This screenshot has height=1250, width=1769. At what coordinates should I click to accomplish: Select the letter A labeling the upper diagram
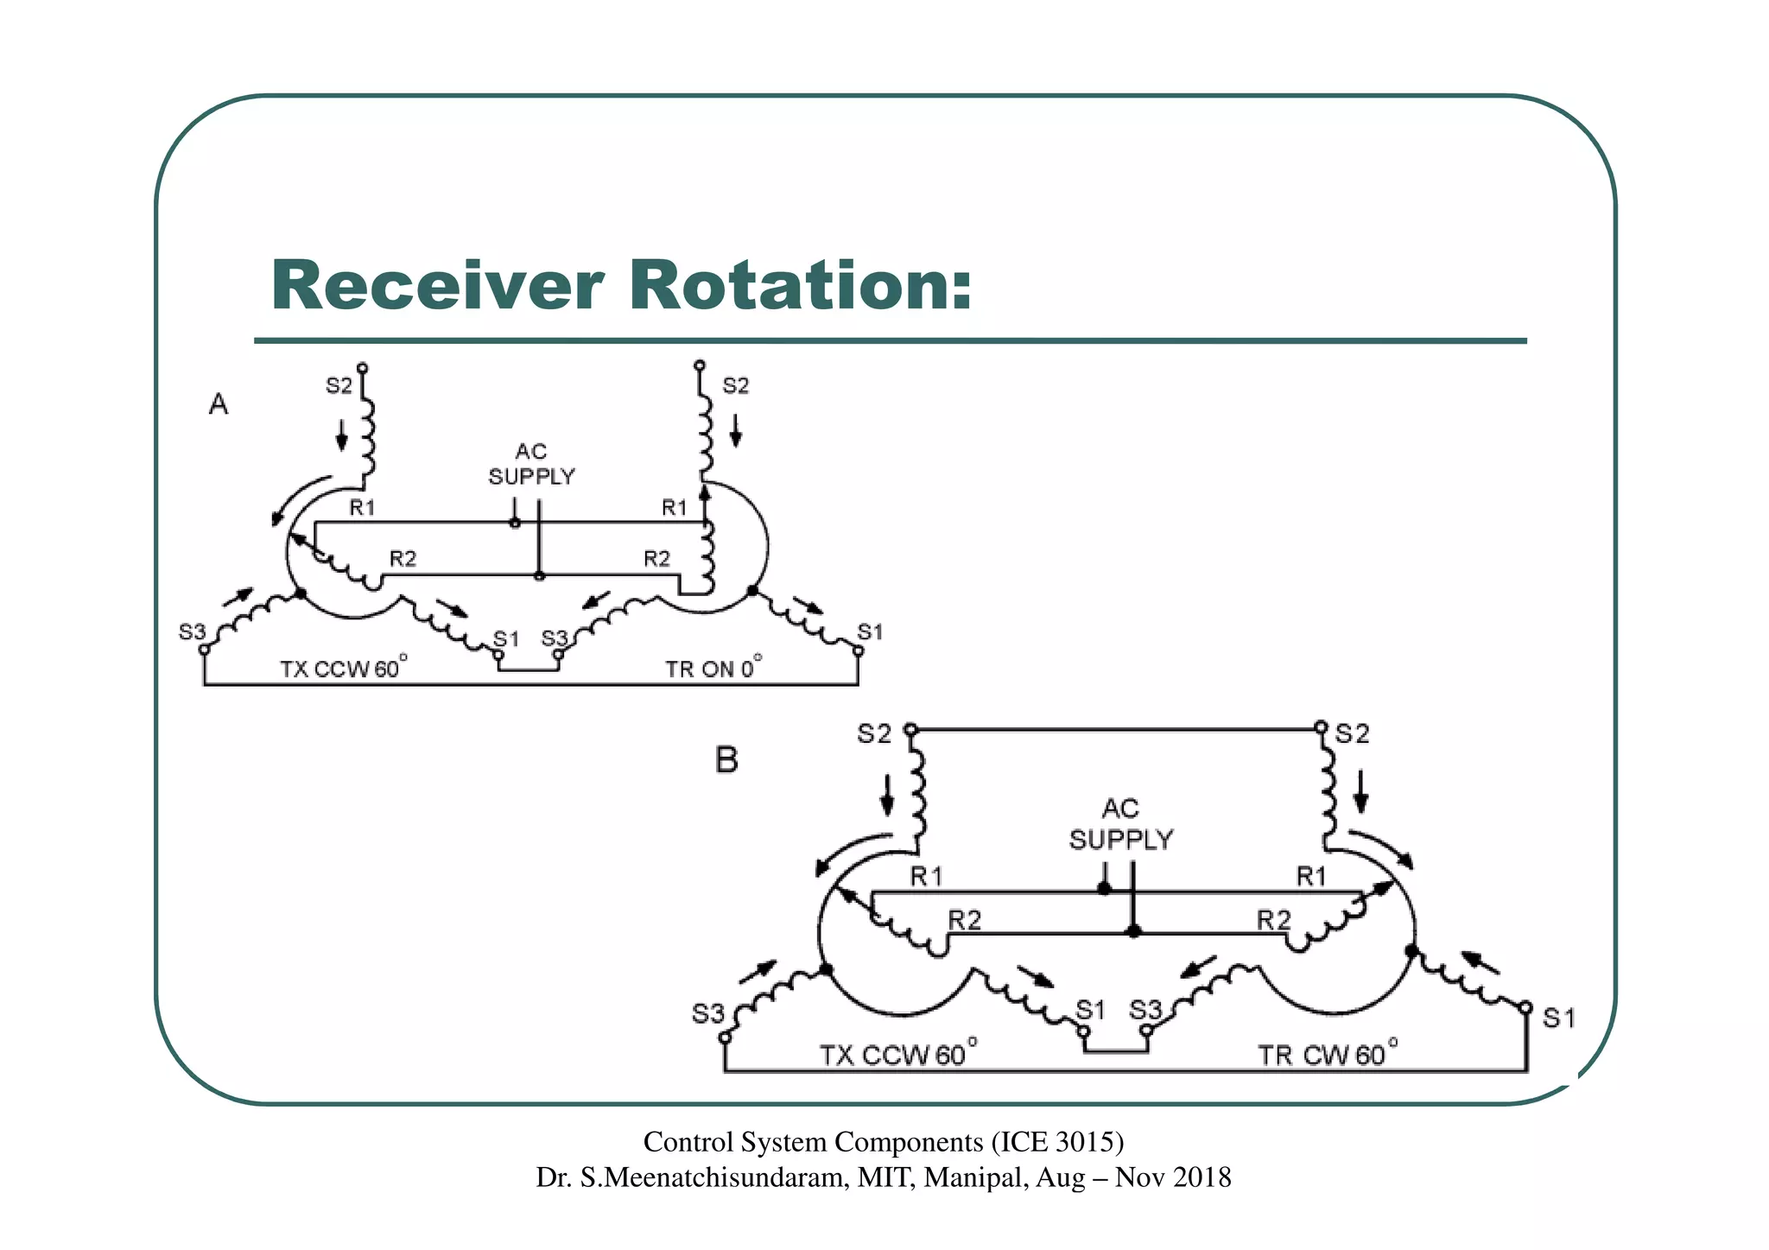point(219,404)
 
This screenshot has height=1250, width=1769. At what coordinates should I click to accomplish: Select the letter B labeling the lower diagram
point(726,760)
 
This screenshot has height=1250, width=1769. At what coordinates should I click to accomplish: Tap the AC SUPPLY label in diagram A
point(531,464)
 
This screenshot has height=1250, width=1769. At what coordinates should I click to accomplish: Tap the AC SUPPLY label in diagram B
point(1120,824)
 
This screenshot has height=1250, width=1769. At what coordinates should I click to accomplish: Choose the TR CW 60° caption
point(1327,1054)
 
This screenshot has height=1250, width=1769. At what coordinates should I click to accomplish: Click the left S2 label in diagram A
point(339,386)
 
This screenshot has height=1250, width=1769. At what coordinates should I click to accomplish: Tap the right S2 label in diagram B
point(1352,734)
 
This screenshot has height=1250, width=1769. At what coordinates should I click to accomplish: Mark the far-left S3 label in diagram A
point(192,632)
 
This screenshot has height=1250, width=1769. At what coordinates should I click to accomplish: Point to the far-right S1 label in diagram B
point(1558,1019)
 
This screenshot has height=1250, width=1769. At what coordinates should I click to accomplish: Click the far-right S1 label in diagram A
point(870,632)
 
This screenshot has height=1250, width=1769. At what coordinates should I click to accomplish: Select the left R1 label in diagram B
point(926,878)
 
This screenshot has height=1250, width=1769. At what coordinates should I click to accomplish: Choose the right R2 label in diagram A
point(656,559)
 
